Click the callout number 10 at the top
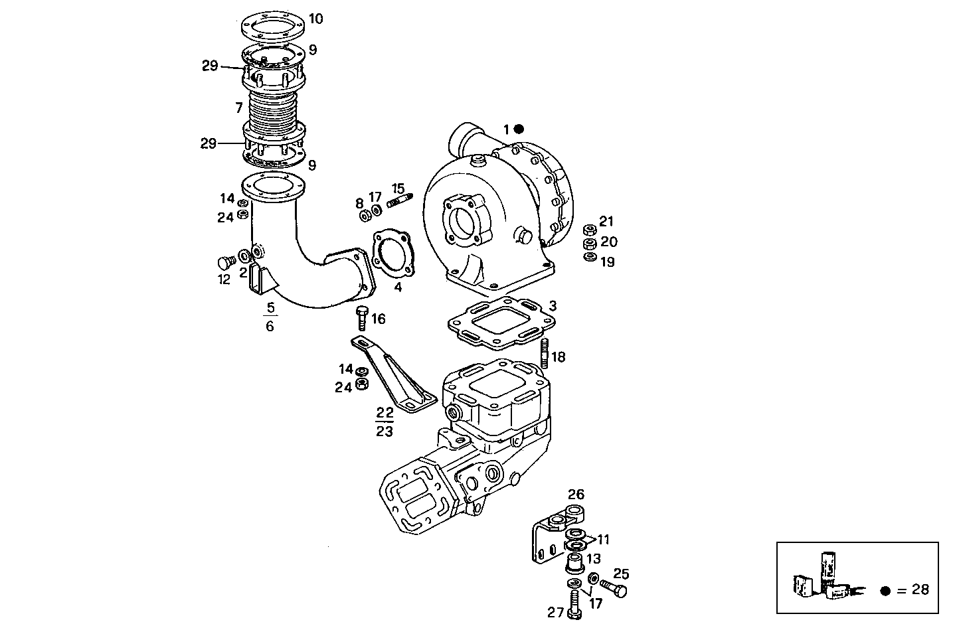[316, 19]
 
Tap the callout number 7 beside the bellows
[238, 108]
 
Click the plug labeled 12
[225, 262]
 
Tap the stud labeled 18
[545, 352]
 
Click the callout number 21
[606, 222]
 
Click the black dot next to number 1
[519, 129]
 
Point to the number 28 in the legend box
[919, 589]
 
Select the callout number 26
[576, 494]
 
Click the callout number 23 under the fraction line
[385, 431]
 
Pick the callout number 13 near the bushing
[593, 558]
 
